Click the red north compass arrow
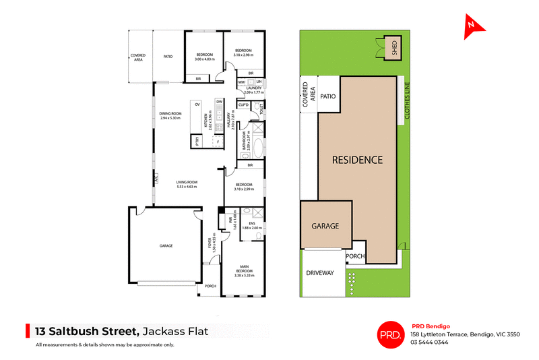coord(474,25)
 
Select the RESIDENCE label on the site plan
coord(357,160)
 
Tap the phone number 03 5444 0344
coord(429,342)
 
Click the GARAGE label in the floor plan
coord(166,246)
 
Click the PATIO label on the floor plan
coord(168,57)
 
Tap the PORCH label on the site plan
coord(355,256)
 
